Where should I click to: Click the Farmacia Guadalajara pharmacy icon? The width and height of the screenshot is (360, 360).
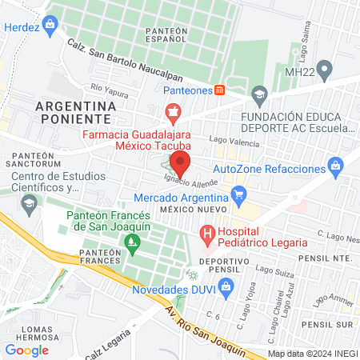tap(171, 111)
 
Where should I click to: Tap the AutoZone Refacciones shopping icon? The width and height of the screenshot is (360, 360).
tap(335, 168)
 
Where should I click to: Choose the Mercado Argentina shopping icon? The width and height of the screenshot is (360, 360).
tap(238, 194)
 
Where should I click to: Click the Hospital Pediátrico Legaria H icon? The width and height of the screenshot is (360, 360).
tap(207, 235)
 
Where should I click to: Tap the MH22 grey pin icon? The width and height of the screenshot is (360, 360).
tap(324, 71)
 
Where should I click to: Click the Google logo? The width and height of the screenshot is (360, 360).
tap(26, 350)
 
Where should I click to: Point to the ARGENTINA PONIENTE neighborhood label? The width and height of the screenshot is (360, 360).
tap(76, 112)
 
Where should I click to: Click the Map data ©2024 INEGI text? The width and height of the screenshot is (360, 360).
tap(312, 353)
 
